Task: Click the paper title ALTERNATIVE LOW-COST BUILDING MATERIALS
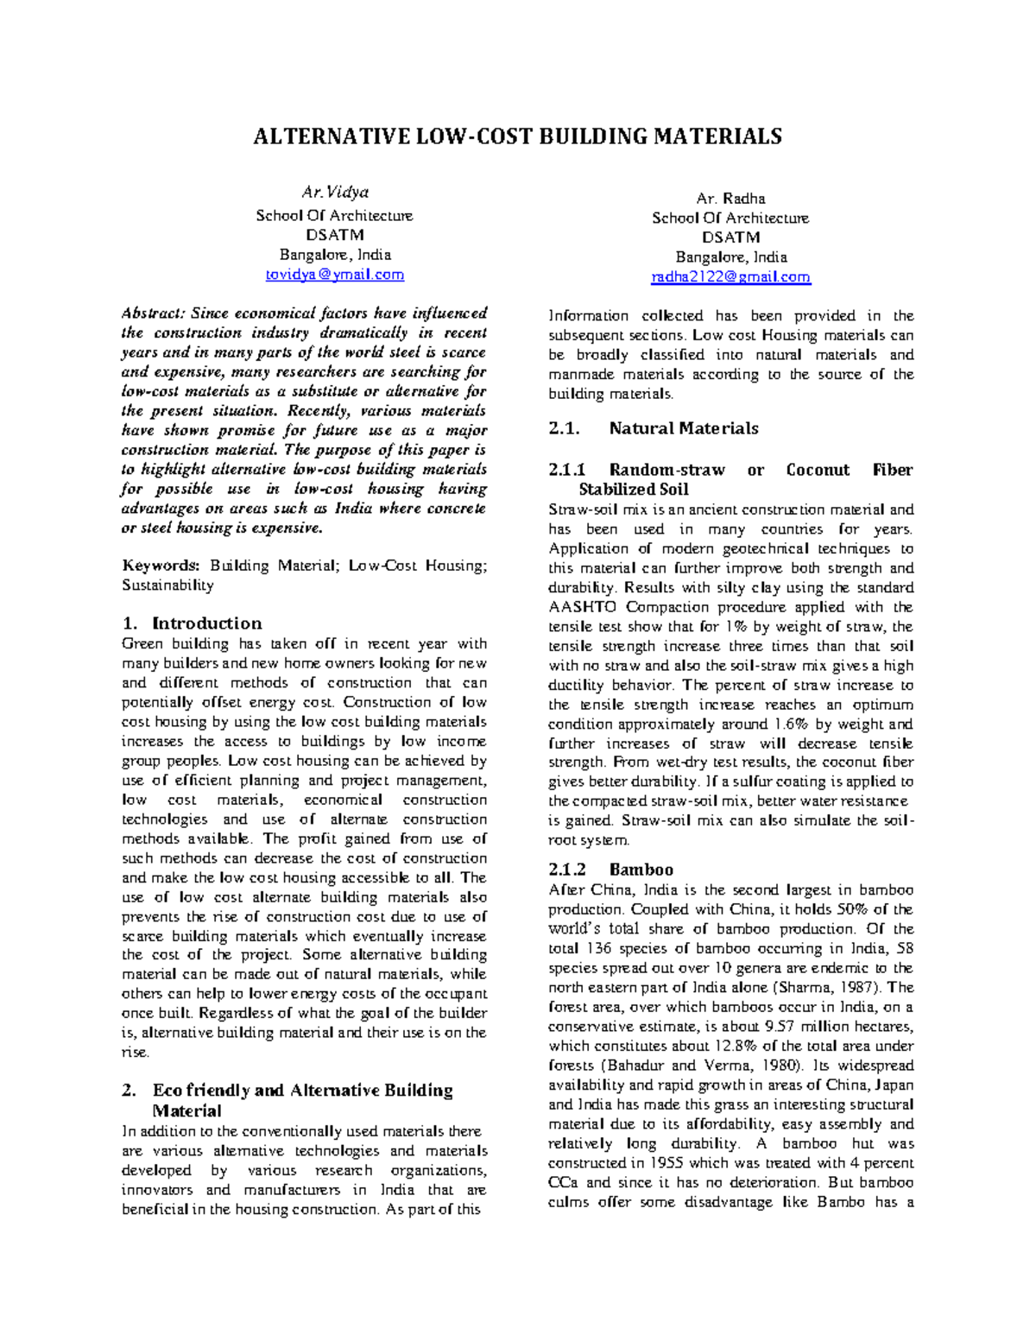pyautogui.click(x=517, y=136)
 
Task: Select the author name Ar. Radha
pyautogui.click(x=730, y=199)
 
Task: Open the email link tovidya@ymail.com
pyautogui.click(x=334, y=275)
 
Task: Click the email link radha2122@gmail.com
pyautogui.click(x=730, y=277)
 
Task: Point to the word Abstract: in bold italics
pyautogui.click(x=153, y=313)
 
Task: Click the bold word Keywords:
pyautogui.click(x=161, y=566)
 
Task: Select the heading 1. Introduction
pyautogui.click(x=192, y=623)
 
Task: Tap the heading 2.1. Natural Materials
pyautogui.click(x=654, y=428)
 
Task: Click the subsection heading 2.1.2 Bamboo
pyautogui.click(x=610, y=870)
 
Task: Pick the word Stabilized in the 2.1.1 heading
pyautogui.click(x=616, y=490)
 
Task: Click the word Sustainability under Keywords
pyautogui.click(x=167, y=585)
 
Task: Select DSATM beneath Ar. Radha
pyautogui.click(x=730, y=237)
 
